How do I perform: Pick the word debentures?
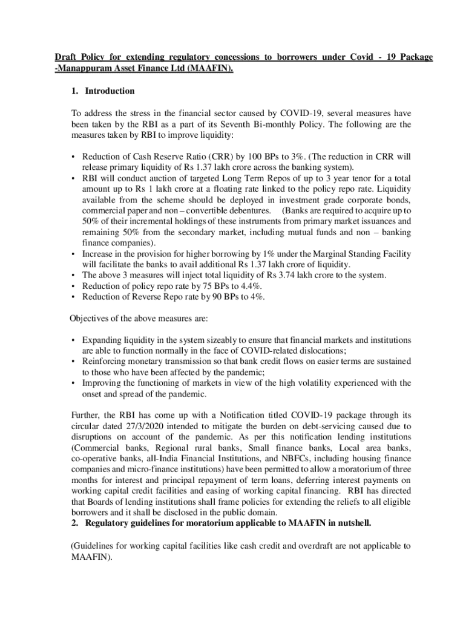point(248,210)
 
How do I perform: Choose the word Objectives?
point(91,319)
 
